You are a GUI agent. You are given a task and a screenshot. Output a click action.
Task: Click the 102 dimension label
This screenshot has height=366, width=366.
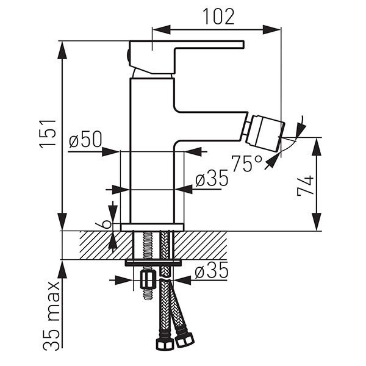(x=219, y=16)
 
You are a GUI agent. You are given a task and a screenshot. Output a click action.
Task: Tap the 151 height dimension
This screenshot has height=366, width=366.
(x=48, y=134)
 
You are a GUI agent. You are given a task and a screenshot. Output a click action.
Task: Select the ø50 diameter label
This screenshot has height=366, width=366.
(x=85, y=139)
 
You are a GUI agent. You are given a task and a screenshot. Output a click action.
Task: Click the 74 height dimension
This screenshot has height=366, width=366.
(x=305, y=185)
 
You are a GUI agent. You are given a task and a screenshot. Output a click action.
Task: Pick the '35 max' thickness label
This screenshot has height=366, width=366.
(x=52, y=316)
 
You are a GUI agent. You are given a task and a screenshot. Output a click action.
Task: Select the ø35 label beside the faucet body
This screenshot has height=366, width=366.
(x=212, y=178)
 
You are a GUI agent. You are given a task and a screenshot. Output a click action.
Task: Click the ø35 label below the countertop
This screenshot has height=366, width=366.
(x=211, y=270)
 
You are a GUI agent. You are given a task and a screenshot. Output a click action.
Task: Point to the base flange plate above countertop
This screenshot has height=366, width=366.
(x=152, y=227)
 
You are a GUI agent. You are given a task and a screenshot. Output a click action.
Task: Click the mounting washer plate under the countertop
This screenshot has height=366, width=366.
(x=153, y=262)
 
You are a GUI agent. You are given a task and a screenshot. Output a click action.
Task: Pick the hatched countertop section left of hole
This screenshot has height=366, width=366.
(x=106, y=245)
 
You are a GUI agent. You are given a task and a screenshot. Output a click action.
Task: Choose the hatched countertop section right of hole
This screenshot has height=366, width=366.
(x=200, y=245)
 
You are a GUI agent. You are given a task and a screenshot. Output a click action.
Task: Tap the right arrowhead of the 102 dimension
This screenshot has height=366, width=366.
(x=271, y=30)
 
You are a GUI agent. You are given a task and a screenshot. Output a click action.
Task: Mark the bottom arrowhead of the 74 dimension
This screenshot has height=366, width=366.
(x=317, y=222)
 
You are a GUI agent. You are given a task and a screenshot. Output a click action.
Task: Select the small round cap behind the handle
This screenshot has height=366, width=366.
(x=128, y=57)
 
